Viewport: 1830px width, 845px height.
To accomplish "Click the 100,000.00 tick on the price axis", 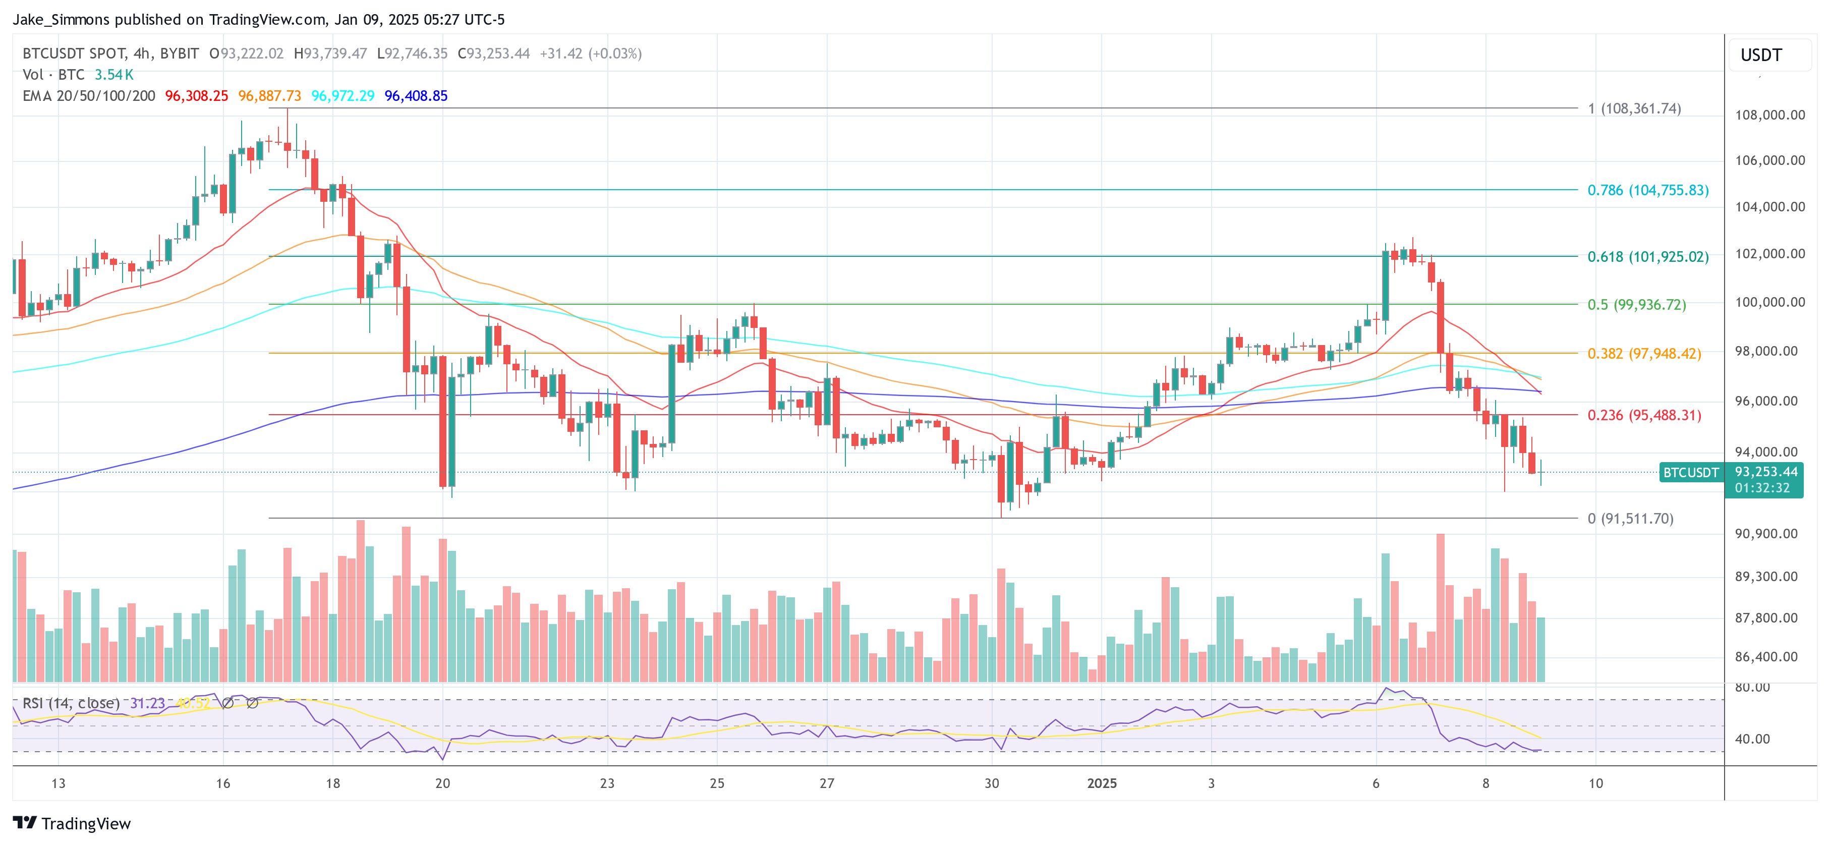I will coord(1769,302).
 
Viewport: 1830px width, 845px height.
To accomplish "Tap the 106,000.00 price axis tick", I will coord(1769,160).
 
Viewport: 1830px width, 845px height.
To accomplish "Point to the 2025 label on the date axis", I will coord(1101,783).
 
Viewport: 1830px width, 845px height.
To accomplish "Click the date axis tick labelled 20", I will coord(442,783).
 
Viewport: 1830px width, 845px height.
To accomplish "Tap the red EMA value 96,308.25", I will coord(197,96).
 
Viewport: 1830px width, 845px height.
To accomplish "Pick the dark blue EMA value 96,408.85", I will coord(416,96).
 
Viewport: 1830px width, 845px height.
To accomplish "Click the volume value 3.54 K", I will coord(113,75).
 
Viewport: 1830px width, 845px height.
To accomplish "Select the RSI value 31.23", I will coord(147,703).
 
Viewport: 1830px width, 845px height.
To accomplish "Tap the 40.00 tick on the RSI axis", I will coord(1752,739).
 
